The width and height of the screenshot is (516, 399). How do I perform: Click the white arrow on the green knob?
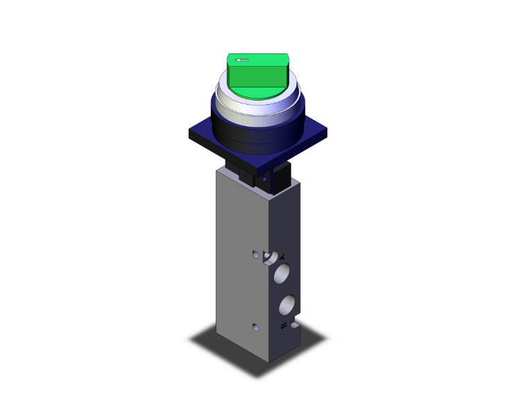242,60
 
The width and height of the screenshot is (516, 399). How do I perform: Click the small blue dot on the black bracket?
265,179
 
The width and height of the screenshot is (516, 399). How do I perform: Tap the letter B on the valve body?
282,324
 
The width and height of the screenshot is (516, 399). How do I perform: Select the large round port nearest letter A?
282,273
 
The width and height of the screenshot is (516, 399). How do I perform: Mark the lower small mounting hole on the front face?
256,327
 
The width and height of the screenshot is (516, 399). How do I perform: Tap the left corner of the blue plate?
189,131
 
